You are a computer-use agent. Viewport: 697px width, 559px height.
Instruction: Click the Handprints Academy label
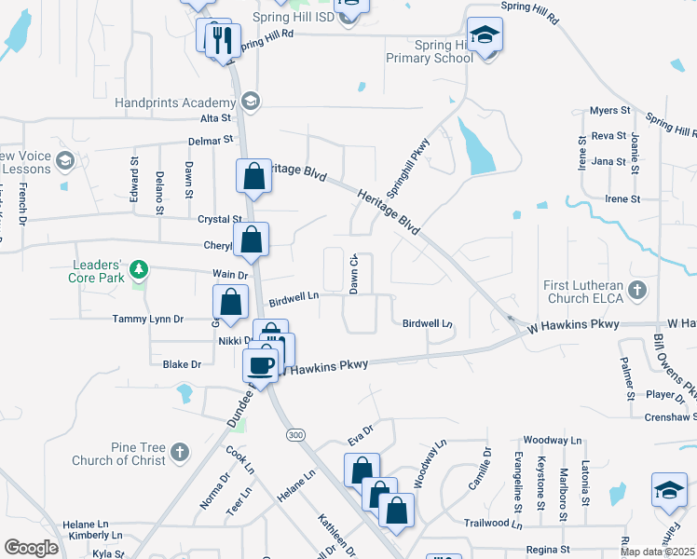coord(174,102)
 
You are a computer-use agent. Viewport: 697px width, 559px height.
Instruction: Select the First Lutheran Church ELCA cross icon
coord(637,290)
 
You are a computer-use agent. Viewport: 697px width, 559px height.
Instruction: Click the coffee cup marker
coord(262,363)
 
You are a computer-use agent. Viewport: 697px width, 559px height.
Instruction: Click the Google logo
coord(31,548)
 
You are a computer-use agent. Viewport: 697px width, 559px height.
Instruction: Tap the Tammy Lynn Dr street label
coord(148,319)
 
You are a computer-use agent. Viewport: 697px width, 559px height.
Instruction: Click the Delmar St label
coord(213,140)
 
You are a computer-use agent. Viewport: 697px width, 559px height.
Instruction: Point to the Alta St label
coord(214,118)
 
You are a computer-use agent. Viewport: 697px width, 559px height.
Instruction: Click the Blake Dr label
coord(182,364)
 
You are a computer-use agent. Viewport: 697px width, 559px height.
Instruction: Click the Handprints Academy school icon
coord(250,102)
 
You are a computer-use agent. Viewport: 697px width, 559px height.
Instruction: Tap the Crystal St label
coord(219,220)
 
